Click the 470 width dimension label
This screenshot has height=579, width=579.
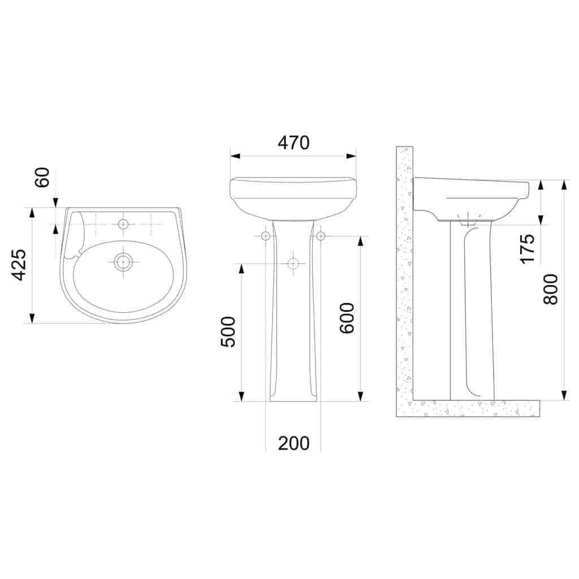coord(293,142)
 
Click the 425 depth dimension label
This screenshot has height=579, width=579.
coord(19,265)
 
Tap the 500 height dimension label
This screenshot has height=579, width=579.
coord(228,331)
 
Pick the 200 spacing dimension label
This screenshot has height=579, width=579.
coord(293,443)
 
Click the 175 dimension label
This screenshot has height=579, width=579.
coord(527,247)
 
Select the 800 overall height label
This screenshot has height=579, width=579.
coord(551,289)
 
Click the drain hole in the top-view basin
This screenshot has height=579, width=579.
coord(123,261)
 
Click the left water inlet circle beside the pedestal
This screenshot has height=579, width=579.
coord(266,236)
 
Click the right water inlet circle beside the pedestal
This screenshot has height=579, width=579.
coord(321,236)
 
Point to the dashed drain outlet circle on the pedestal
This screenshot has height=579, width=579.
coord(293,263)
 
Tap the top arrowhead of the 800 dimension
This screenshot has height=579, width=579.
coord(564,184)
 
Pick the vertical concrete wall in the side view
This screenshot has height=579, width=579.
coord(405,271)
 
